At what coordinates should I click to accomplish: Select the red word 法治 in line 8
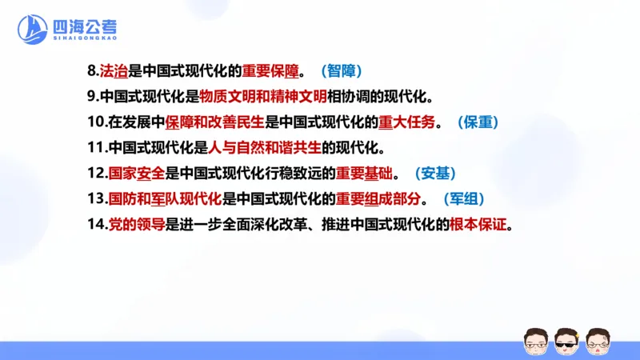coord(114,72)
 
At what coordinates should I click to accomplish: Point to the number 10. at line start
coord(97,122)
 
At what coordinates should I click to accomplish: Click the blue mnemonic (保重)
coord(483,122)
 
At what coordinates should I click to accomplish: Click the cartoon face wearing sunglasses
coord(566,341)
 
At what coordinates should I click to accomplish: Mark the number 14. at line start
coord(97,224)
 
